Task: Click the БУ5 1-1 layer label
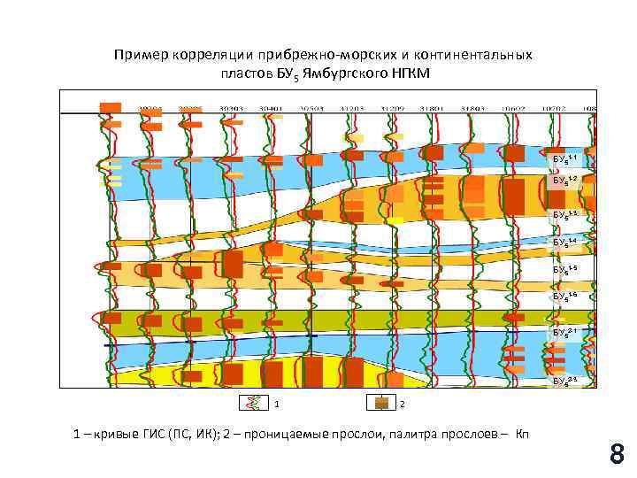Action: tap(565, 159)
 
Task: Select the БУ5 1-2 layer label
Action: tap(565, 181)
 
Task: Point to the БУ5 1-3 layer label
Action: tap(565, 215)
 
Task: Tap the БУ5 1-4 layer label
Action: tap(565, 242)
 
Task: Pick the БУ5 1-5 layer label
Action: tap(565, 268)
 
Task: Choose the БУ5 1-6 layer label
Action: tap(565, 296)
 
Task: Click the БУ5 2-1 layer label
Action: tap(565, 332)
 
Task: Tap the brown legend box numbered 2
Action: tap(381, 403)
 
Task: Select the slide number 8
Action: tap(617, 455)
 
